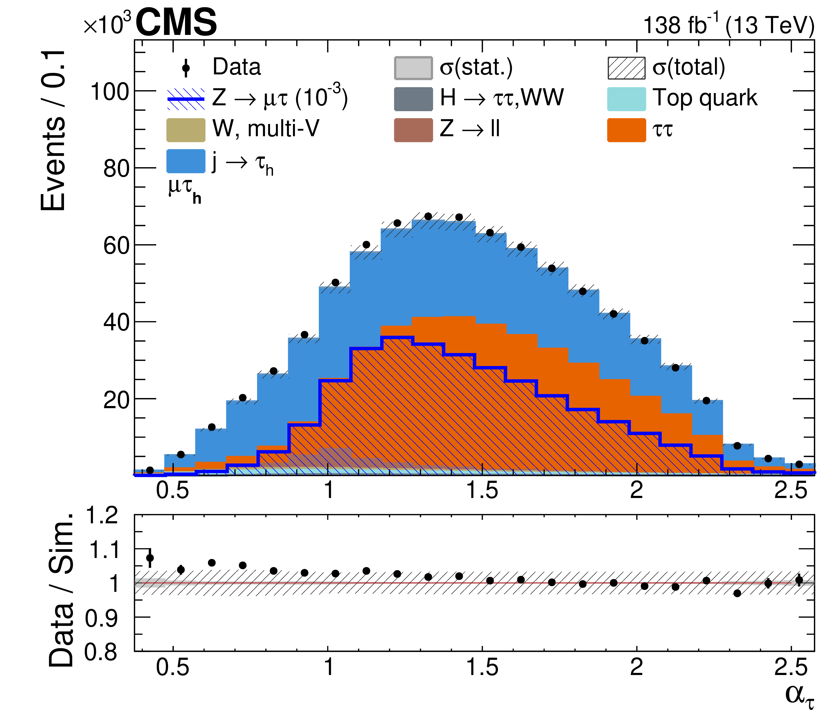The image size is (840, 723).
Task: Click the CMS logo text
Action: (x=176, y=23)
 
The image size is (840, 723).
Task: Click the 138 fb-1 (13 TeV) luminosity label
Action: (x=729, y=25)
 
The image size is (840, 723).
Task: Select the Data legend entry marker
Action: (x=186, y=68)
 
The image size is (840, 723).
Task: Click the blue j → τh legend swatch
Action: (x=186, y=161)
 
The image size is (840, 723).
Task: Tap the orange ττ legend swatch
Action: (x=626, y=130)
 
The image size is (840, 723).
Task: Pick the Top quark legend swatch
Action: (x=626, y=99)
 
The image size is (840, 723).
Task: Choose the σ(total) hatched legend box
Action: (x=626, y=68)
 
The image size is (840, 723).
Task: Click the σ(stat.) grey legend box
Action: (x=413, y=68)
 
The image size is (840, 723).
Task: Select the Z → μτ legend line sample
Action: (x=186, y=99)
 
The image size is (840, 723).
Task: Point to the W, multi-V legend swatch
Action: (x=186, y=130)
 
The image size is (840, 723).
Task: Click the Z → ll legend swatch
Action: (x=413, y=130)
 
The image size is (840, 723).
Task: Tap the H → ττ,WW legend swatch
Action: (x=413, y=99)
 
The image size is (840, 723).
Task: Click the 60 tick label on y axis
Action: (x=116, y=246)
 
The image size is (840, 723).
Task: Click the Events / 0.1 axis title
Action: (x=54, y=131)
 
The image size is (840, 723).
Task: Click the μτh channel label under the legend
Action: (x=185, y=191)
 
